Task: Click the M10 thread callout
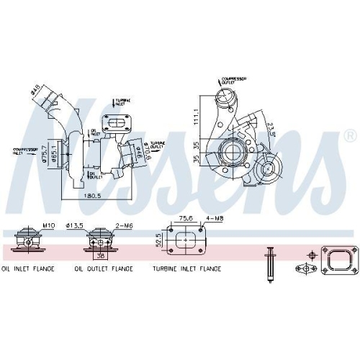[x=48, y=225]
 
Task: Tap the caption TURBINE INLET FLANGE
[x=186, y=269]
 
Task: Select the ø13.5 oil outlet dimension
[x=96, y=225]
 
